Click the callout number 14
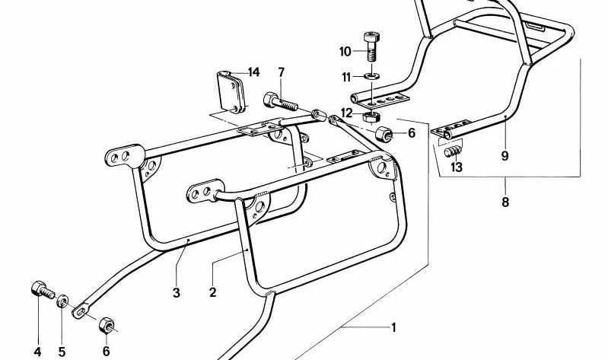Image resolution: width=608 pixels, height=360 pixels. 253,72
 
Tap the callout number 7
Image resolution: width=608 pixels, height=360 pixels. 281,72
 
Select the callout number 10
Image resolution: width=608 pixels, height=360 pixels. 345,52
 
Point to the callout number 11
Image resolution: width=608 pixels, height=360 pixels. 345,77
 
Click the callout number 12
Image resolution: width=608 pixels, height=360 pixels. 346,113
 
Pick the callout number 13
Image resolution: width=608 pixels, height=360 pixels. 456,167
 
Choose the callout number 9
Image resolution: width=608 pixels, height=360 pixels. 504,157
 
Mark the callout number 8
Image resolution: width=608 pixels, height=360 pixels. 505,202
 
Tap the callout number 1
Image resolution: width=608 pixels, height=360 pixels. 393,328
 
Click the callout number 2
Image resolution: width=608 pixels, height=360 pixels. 212,292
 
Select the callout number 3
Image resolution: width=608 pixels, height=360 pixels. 176,292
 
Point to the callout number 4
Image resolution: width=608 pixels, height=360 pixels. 37,351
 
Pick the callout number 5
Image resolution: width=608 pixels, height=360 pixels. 62,351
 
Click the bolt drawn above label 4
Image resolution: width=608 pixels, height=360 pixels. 40,290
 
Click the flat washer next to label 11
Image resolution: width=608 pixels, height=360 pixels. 371,76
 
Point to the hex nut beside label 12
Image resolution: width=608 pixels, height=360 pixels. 372,116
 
